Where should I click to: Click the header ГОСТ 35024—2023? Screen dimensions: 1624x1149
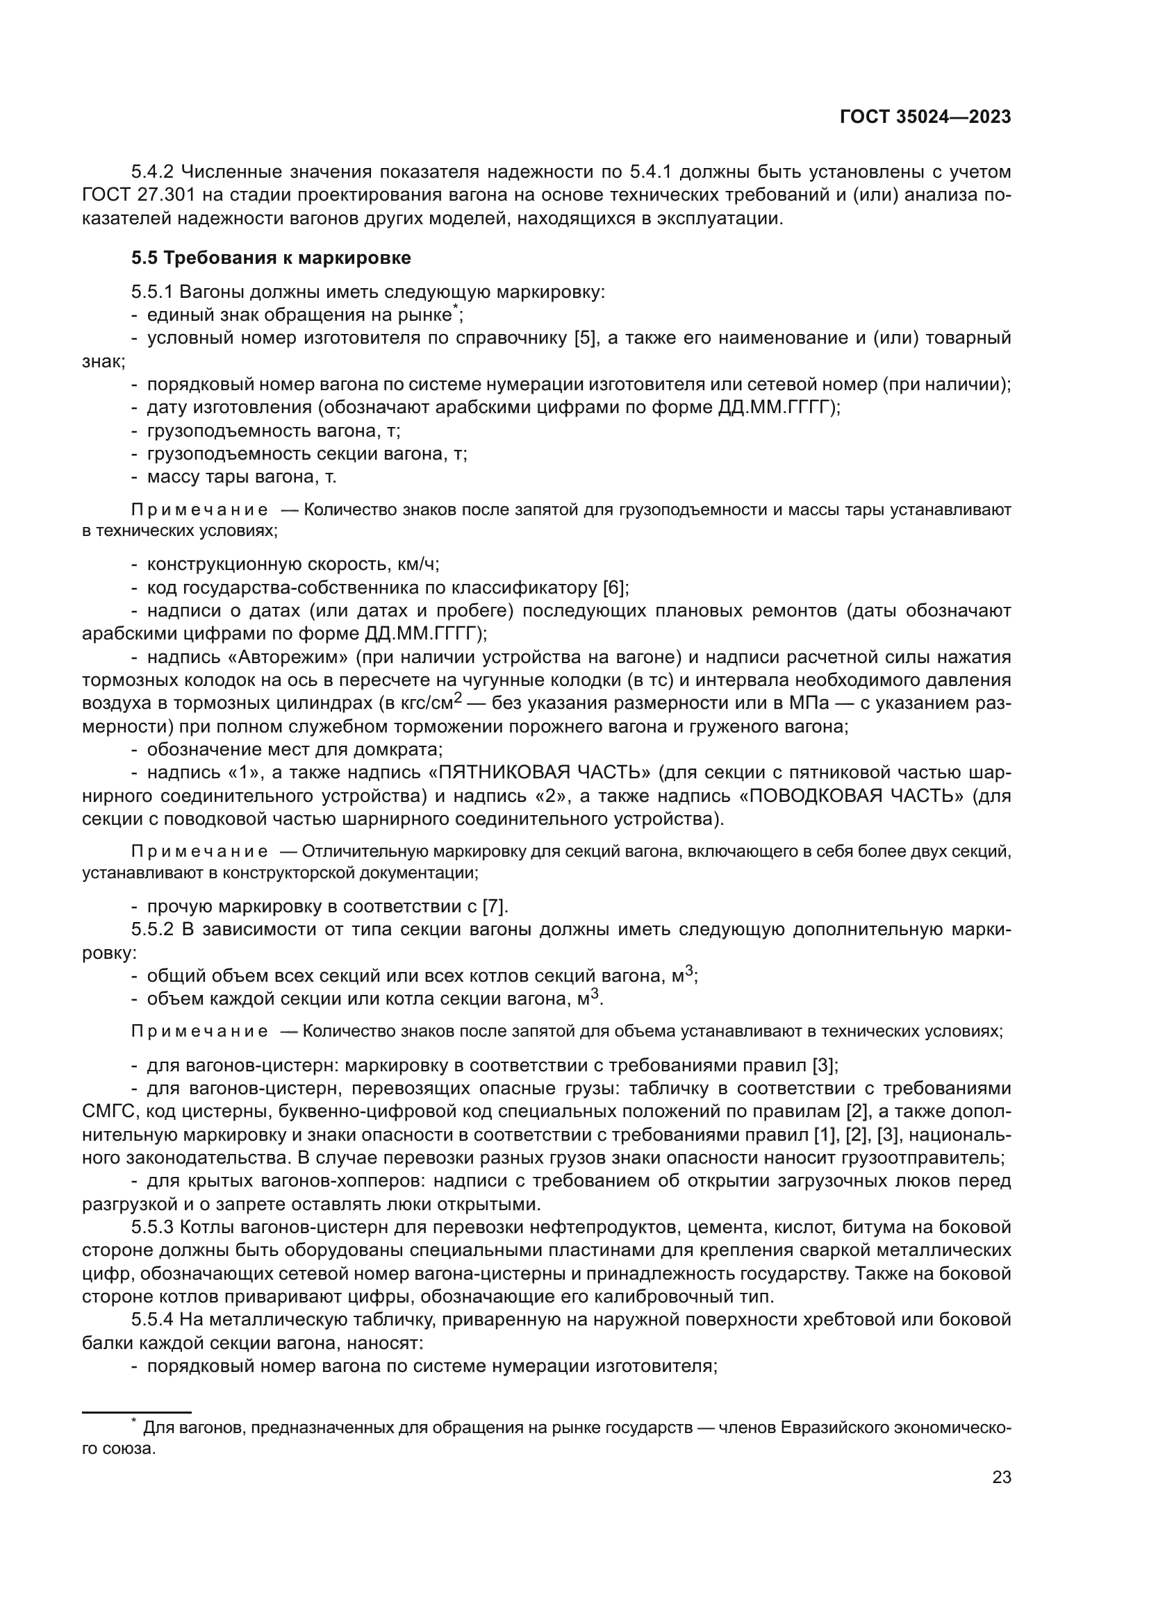(x=925, y=117)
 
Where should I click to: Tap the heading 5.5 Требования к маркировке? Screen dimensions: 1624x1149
(x=271, y=258)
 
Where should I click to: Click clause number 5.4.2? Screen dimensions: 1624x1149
(x=154, y=172)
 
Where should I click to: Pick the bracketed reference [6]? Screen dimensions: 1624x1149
(x=615, y=587)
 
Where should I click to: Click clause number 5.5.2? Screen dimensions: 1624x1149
(x=153, y=930)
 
